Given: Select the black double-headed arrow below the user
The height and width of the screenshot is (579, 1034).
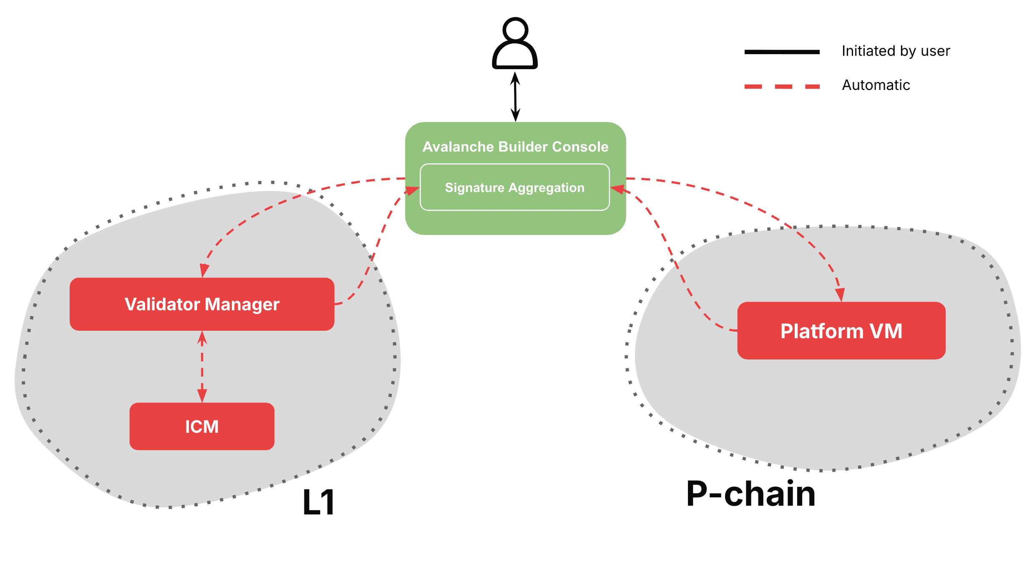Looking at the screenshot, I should pos(515,97).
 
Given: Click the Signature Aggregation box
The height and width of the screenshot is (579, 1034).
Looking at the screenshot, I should pos(514,187).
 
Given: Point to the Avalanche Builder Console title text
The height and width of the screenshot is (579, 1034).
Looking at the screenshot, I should pos(515,147).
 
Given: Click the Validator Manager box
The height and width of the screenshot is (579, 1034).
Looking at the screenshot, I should pos(202,304).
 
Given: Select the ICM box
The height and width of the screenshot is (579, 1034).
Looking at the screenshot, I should pos(202,427).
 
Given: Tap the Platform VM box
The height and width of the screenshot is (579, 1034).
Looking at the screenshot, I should pos(841,331).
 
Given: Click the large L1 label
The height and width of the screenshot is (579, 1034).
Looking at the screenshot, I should pos(319,502).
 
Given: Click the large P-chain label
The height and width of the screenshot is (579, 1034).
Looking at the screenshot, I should pos(750,494).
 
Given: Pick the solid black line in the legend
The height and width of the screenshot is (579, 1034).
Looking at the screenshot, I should pos(782,52).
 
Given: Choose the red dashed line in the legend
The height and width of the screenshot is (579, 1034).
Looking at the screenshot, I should pos(782,87).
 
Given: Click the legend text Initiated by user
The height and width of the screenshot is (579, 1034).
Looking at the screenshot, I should pos(896,51).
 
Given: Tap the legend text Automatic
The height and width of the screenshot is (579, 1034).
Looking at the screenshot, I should pos(876,85).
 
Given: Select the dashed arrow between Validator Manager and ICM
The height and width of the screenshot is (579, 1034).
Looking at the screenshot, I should pos(202,367).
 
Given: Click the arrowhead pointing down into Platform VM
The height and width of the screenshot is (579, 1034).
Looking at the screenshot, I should pos(840,294).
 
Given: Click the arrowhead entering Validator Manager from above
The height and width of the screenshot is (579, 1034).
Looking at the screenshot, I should pos(204,270).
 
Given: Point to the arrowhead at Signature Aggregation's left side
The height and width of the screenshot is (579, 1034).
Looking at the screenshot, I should pos(412,191).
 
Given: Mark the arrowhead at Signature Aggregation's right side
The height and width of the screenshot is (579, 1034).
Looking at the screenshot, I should pos(618,190).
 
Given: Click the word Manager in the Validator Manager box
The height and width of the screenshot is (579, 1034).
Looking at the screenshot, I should pos(242,304).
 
